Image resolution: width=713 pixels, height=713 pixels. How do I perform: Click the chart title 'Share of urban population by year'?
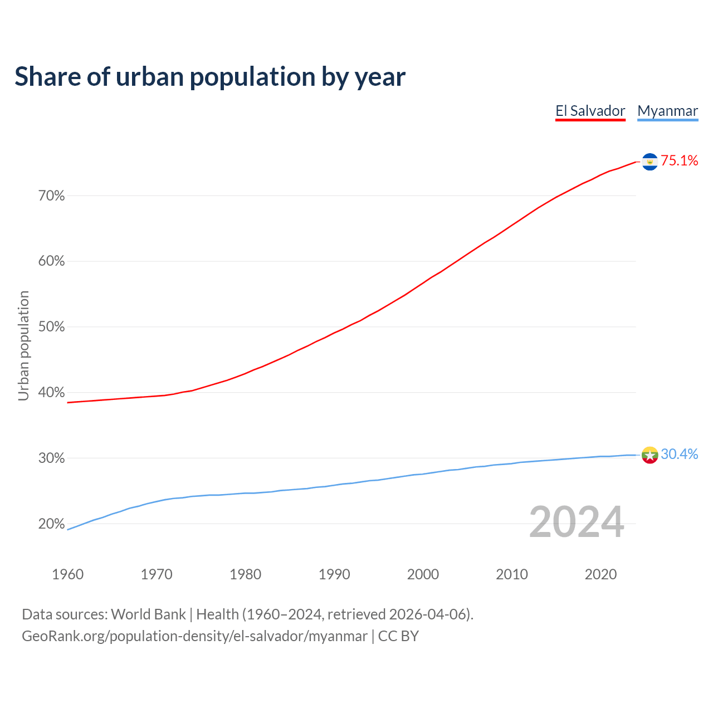210,77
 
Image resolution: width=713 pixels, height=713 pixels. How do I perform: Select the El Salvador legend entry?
590,111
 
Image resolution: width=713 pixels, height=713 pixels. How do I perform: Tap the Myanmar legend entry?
667,111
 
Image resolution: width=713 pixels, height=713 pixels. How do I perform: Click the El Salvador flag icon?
649,162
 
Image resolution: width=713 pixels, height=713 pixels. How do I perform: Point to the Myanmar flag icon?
649,455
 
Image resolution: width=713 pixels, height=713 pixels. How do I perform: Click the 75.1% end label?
679,161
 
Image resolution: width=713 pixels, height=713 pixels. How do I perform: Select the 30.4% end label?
679,455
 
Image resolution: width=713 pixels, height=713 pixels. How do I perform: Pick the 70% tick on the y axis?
52,196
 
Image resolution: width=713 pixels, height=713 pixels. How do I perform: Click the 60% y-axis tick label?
52,261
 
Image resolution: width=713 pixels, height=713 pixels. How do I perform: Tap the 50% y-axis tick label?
52,327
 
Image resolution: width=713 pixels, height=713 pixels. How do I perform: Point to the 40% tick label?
52,393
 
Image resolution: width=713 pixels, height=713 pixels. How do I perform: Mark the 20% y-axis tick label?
52,524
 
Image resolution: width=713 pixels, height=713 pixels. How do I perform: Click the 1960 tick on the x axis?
67,574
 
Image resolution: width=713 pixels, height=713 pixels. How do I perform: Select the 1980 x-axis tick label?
245,574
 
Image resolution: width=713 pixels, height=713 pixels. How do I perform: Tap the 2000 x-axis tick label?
423,574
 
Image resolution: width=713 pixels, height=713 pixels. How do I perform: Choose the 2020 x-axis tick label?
600,574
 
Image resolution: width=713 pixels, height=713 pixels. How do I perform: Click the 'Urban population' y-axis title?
23,345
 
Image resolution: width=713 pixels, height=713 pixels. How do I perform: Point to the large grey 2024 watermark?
577,522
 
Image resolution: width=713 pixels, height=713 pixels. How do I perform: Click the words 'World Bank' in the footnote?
148,614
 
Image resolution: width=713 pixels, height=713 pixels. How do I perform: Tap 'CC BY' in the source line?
398,636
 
